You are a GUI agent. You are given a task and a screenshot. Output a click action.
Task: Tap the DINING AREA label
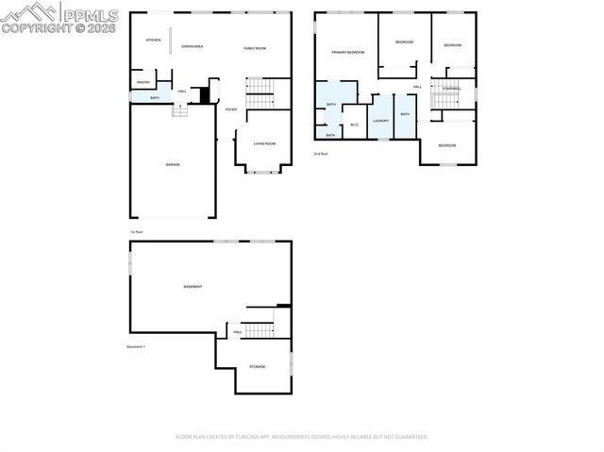coord(193,46)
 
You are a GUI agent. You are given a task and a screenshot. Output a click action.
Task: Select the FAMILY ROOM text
coord(255,48)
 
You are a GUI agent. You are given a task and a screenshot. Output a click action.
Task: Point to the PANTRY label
coord(143,82)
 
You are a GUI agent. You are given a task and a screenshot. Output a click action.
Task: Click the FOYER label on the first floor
coord(230,109)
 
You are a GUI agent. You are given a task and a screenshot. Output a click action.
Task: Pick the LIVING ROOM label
coord(263,143)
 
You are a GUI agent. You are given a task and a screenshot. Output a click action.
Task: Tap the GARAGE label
coord(173,164)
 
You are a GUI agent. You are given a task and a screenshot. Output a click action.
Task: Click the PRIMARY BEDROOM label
coord(347,52)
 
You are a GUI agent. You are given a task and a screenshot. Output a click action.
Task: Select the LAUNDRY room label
coord(380,121)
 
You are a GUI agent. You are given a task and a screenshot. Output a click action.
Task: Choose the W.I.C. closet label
coord(354,125)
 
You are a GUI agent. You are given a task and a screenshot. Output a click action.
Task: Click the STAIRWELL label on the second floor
coord(451,89)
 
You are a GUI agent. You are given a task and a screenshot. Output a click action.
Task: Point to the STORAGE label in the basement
coord(257,366)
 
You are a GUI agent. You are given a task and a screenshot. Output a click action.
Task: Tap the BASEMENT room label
coord(193,286)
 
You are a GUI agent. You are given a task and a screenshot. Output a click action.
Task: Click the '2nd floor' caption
coord(321,153)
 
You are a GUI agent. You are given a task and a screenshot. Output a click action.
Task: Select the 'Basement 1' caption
coord(136,346)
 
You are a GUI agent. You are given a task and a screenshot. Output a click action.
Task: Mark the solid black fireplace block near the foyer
coord(201,94)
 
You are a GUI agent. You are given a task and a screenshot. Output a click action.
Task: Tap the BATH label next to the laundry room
coord(405,114)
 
